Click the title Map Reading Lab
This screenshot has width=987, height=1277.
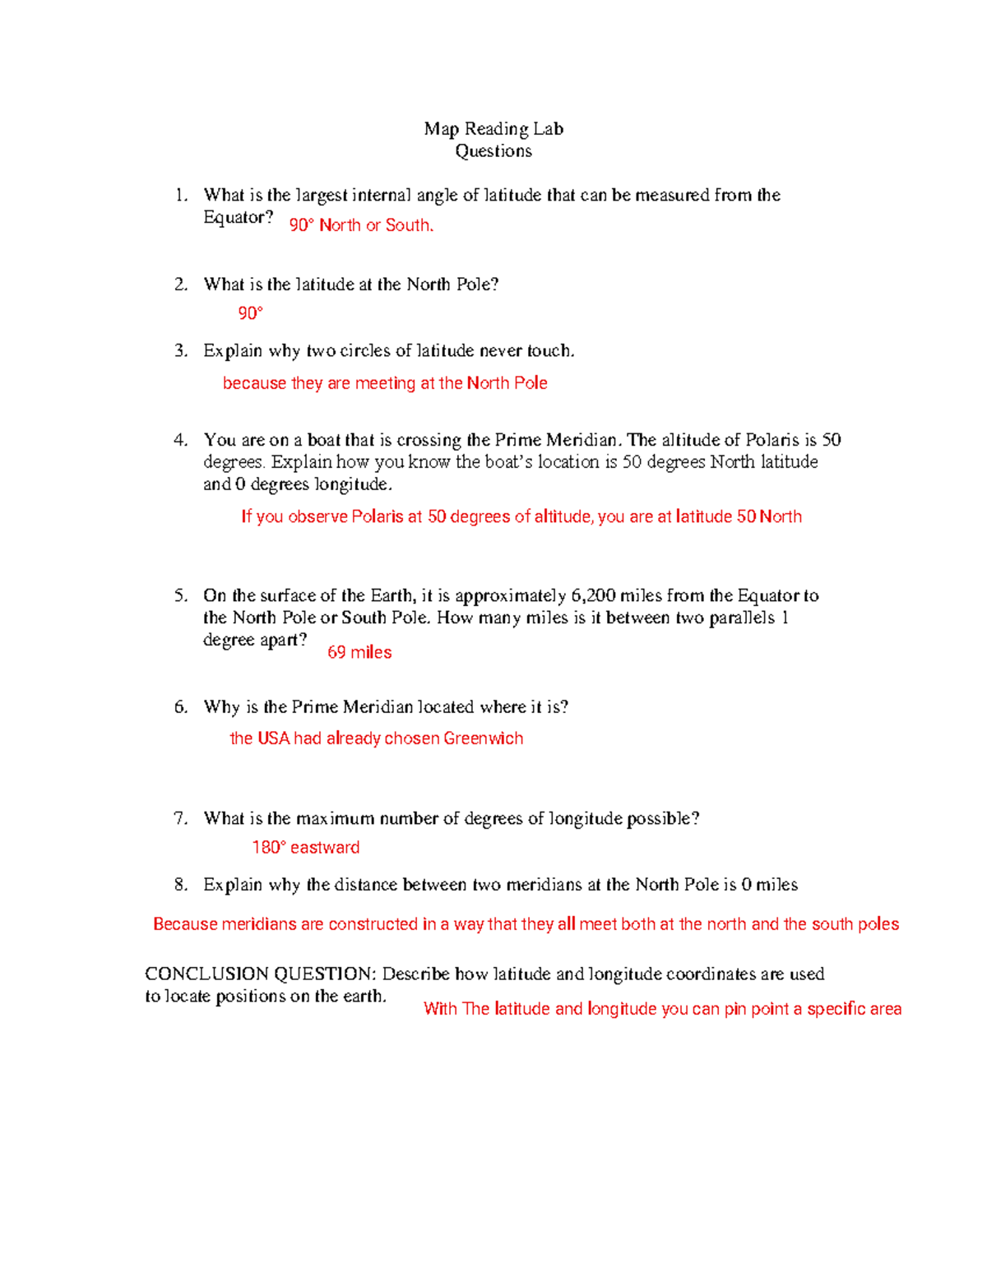(x=493, y=128)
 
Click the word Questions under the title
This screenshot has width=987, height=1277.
(x=493, y=150)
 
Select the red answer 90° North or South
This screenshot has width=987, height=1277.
(x=361, y=224)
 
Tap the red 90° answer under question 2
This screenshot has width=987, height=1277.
(x=250, y=312)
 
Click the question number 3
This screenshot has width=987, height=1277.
(x=181, y=350)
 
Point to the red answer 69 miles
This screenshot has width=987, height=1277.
(x=359, y=652)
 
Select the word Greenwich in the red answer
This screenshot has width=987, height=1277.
(x=483, y=738)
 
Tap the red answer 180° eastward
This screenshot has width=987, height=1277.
(x=306, y=847)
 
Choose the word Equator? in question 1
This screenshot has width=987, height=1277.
(x=238, y=218)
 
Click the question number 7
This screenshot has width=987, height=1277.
(x=181, y=818)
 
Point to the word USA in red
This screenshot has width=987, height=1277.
(x=274, y=738)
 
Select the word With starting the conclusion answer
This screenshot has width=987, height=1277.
(x=440, y=1009)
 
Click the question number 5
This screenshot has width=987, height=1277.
(x=181, y=595)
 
